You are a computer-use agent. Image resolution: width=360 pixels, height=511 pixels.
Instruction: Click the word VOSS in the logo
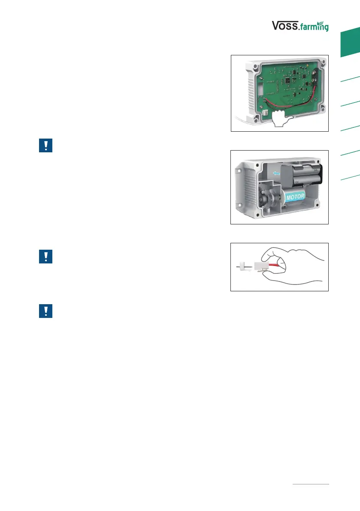[x=286, y=26]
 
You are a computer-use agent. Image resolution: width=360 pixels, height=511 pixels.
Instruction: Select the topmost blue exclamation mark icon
[x=45, y=146]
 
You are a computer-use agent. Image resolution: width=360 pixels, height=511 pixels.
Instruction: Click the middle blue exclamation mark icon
[x=45, y=256]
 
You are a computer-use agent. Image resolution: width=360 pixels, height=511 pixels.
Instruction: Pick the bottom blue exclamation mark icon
[x=45, y=311]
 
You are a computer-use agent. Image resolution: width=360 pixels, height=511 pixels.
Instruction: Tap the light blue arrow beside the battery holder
[x=278, y=173]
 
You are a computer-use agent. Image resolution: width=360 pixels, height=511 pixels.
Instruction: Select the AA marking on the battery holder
[x=315, y=170]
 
